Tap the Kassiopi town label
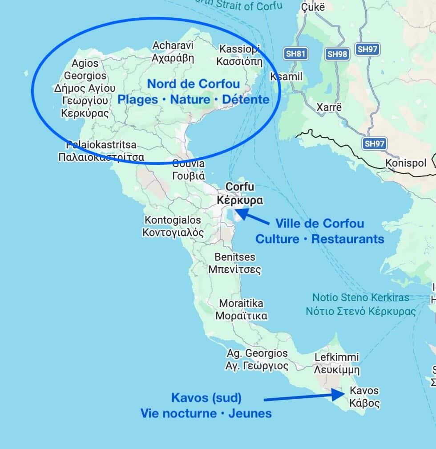240,55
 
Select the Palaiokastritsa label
101,151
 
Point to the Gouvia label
188,169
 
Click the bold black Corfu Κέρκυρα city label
240,193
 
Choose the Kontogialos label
173,226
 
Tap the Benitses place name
235,263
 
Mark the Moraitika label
241,310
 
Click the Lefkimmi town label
337,363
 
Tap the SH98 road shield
337,54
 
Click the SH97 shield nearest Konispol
374,143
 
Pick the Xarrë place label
329,107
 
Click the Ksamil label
286,77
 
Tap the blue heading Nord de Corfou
194,84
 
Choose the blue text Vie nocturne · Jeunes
206,413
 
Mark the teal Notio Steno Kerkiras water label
360,304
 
